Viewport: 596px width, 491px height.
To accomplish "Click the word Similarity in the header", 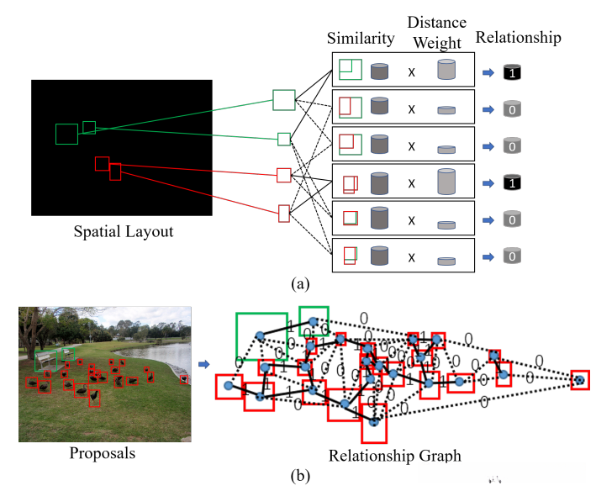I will coord(361,38).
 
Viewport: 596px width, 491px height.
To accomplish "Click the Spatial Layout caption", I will coord(123,231).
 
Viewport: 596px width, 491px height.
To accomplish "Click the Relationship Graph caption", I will coord(382,457).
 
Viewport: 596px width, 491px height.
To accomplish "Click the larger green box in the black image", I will coord(66,134).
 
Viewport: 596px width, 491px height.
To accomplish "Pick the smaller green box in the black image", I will coord(89,127).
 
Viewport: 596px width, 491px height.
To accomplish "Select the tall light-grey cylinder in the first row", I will coord(446,70).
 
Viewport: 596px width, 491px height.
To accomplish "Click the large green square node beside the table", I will coord(284,100).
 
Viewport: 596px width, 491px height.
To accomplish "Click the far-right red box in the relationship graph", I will coord(579,381).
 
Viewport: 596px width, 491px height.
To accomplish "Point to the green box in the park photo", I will coord(68,353).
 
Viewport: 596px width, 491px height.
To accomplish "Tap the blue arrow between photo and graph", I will coord(205,364).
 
